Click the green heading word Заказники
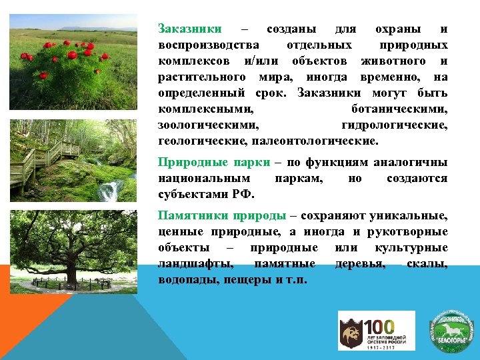pos(189,29)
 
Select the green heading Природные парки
pos(214,163)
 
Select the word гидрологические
pos(394,125)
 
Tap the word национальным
pos(204,179)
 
